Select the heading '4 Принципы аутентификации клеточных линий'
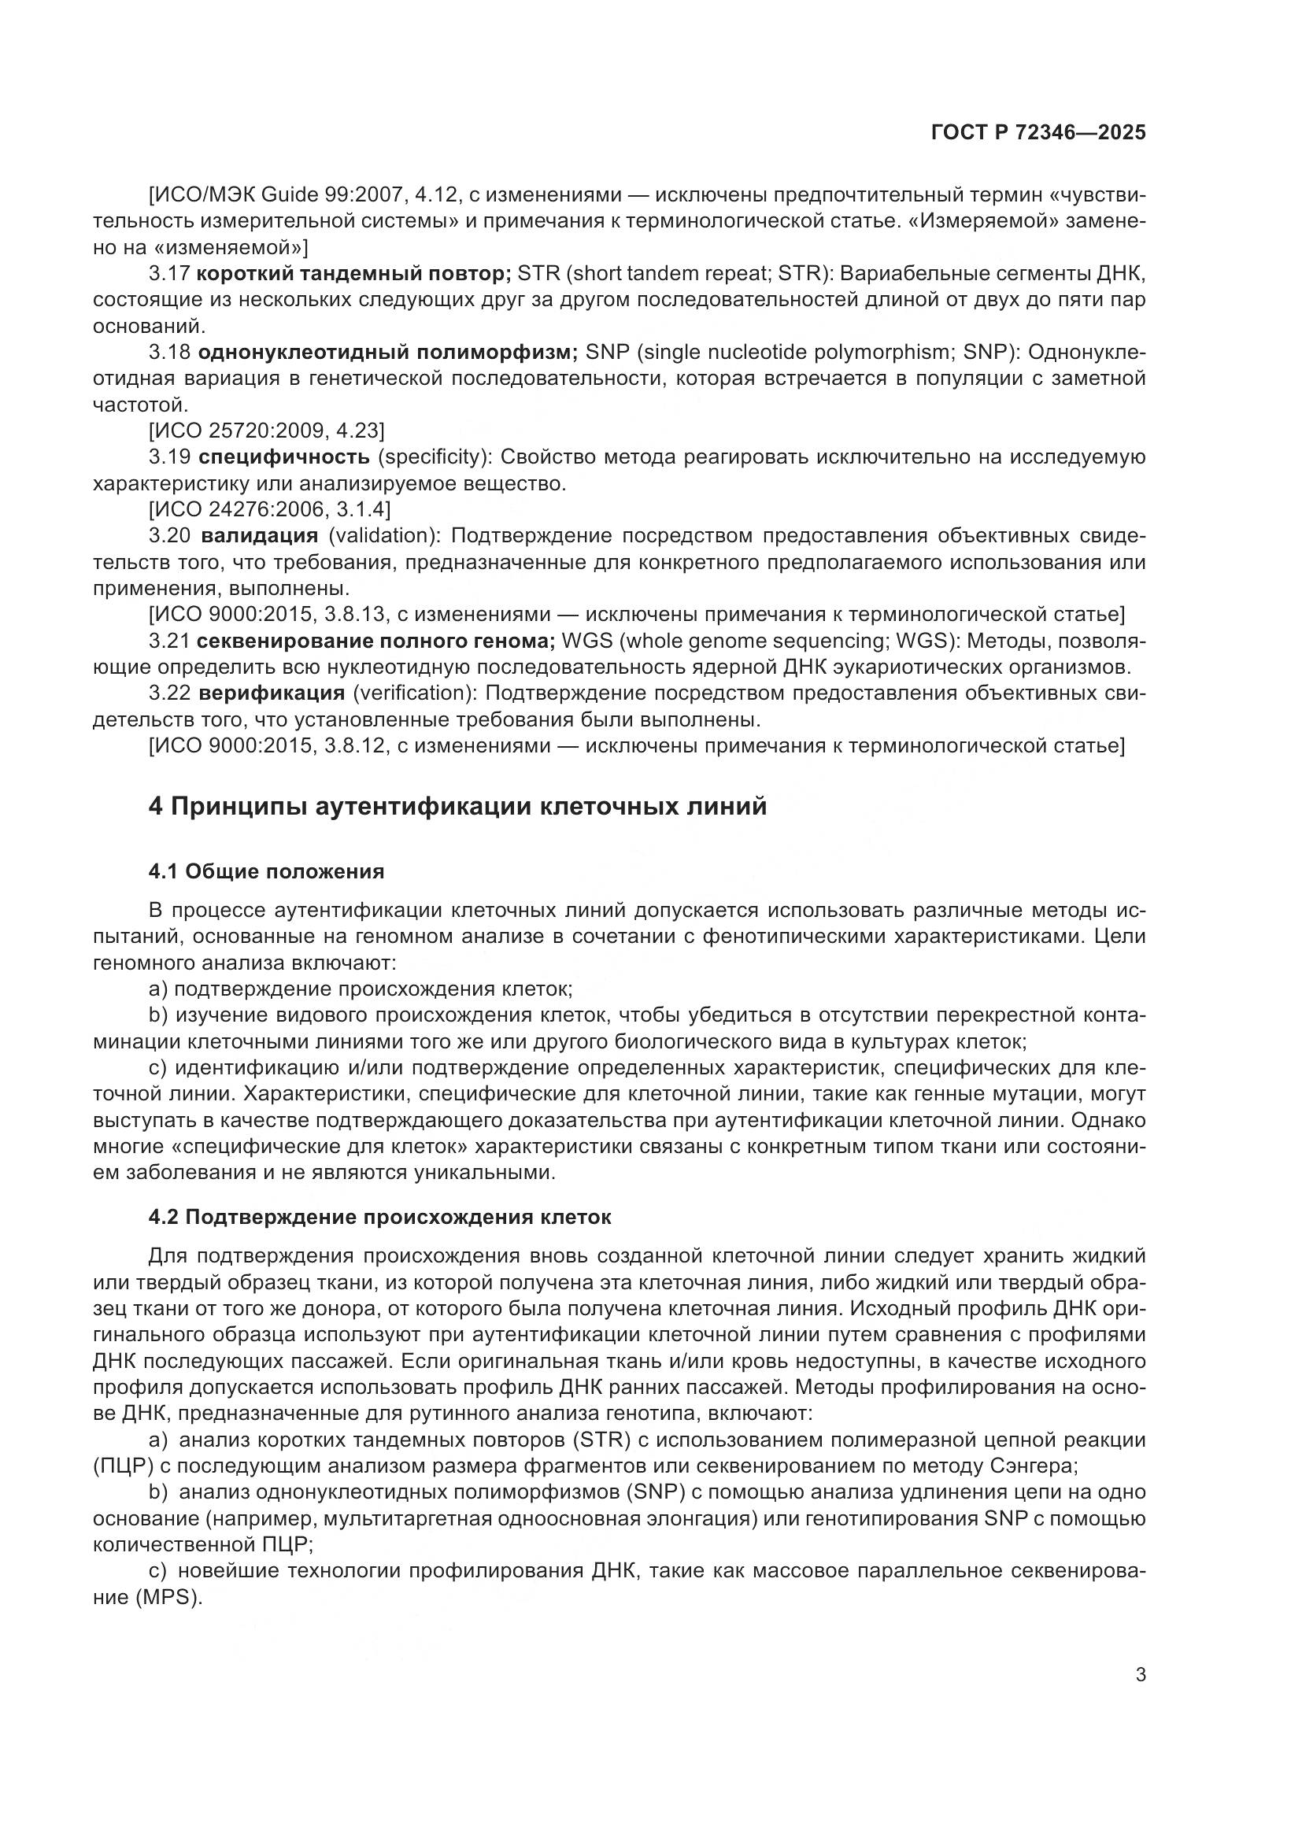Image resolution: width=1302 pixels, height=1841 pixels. (457, 806)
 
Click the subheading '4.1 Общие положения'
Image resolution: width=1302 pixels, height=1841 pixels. (266, 871)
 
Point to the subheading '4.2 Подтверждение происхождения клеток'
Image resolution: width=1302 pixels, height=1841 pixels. (379, 1217)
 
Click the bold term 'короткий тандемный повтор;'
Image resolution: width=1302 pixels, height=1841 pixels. (353, 273)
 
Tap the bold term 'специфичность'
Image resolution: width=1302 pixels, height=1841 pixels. (284, 457)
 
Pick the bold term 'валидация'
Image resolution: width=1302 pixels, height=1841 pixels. (260, 536)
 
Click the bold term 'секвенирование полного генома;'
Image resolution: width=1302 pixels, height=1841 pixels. (376, 641)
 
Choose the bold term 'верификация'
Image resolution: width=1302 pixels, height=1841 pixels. (272, 693)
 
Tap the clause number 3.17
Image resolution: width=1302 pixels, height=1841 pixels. (168, 273)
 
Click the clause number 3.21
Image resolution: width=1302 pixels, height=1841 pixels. (168, 641)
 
